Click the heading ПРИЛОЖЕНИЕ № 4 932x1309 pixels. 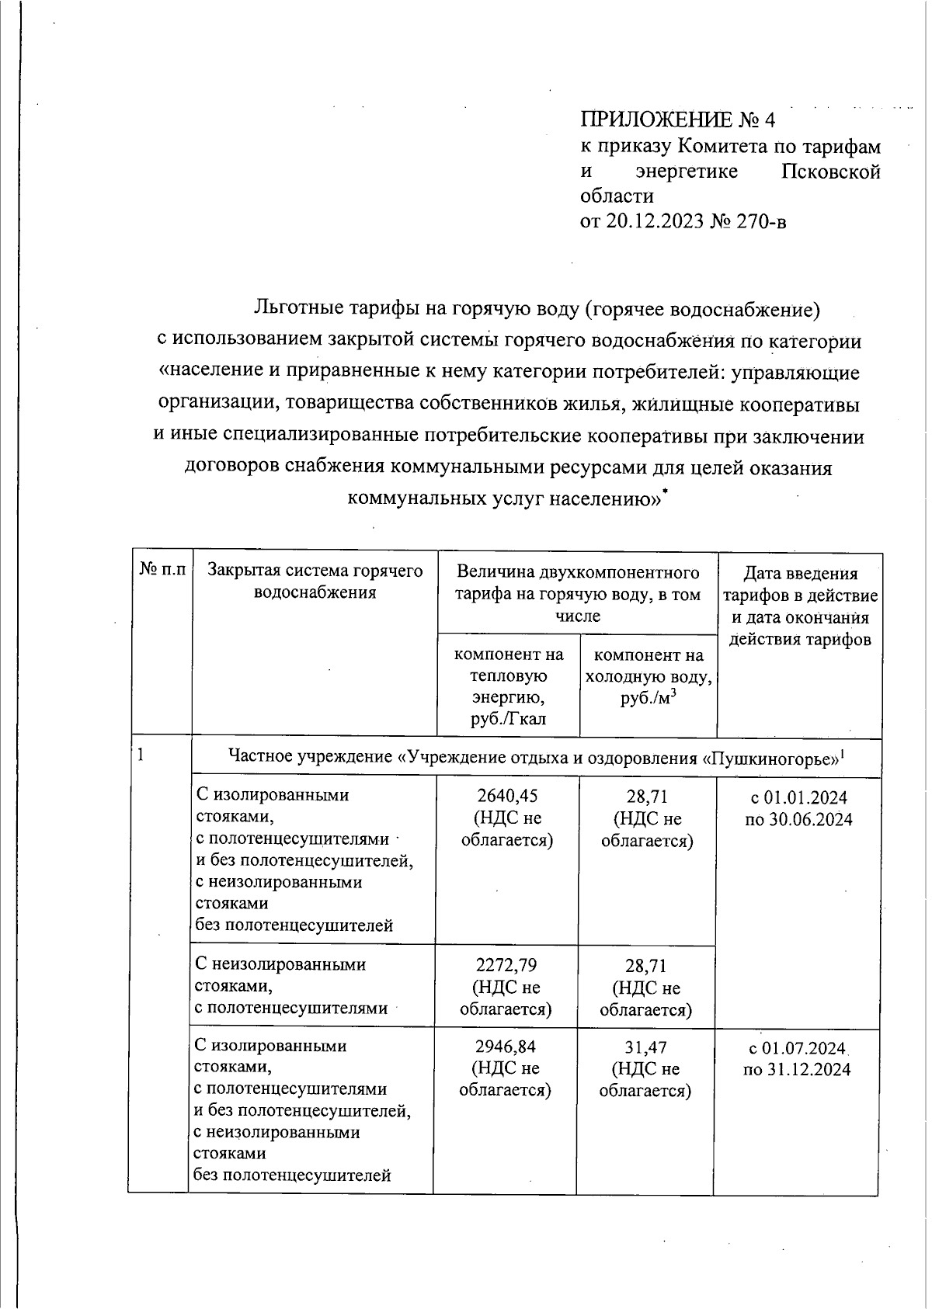coord(678,120)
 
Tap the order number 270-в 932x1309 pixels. coord(758,222)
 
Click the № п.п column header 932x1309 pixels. coord(162,571)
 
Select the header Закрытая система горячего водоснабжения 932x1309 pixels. coord(315,582)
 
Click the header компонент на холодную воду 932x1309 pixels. coord(648,676)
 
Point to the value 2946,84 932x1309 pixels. coord(506,1046)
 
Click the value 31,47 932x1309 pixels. coord(645,1047)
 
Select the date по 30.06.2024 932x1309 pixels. coord(798,819)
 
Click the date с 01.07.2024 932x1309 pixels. coord(798,1047)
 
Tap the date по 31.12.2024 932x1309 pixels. coord(797,1069)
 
